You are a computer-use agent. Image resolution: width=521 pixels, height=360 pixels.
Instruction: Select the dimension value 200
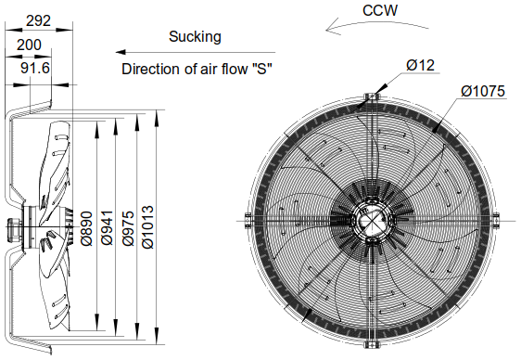29,44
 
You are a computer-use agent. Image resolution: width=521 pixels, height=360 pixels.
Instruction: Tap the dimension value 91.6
36,68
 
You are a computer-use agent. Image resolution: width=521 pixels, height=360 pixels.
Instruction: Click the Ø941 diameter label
107,225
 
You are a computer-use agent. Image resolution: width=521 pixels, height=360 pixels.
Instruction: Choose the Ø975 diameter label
131,225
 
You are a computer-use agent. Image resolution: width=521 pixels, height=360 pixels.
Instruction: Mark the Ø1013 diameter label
151,225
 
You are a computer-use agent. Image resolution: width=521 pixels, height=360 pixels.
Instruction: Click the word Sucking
195,37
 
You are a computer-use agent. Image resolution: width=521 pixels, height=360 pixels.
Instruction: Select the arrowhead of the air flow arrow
124,53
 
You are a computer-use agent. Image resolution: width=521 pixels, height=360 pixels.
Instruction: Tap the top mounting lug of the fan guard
370,97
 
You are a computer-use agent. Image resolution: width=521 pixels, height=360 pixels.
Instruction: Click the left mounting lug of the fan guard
247,219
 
